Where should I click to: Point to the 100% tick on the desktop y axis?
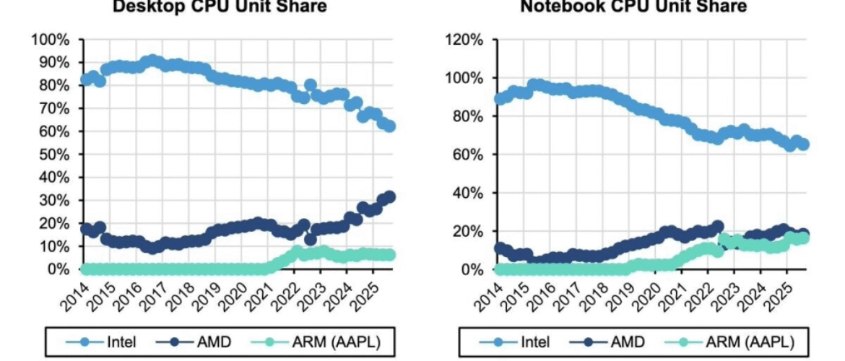(x=51, y=39)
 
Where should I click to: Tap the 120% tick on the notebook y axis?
(x=464, y=39)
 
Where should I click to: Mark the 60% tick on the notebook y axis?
(x=467, y=155)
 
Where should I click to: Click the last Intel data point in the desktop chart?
(x=389, y=126)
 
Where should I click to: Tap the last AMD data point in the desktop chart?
(x=389, y=197)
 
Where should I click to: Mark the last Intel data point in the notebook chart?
(x=802, y=144)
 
